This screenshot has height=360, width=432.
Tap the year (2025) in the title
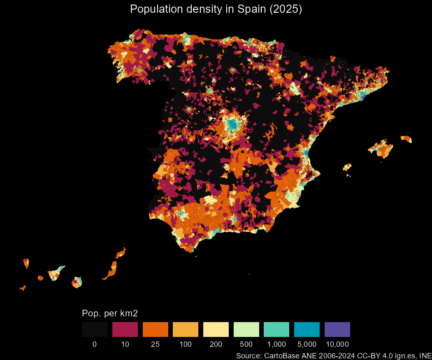click(x=286, y=9)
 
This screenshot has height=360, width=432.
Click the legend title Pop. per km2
click(x=109, y=313)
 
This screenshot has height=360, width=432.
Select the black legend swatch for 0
click(x=95, y=330)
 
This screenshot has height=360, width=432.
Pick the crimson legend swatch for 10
click(x=125, y=330)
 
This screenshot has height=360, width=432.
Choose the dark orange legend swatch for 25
click(x=156, y=330)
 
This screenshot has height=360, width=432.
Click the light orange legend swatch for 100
click(x=186, y=330)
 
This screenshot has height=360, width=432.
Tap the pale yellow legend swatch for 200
click(x=216, y=330)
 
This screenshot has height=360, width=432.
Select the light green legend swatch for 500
click(x=246, y=330)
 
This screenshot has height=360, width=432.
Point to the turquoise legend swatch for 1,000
click(x=276, y=330)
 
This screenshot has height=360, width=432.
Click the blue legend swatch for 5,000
click(x=307, y=330)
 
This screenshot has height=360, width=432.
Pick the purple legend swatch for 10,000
click(x=337, y=330)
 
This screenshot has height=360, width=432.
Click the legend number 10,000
click(x=337, y=344)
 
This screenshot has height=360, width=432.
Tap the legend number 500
click(x=246, y=344)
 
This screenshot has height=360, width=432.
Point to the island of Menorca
click(x=406, y=139)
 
